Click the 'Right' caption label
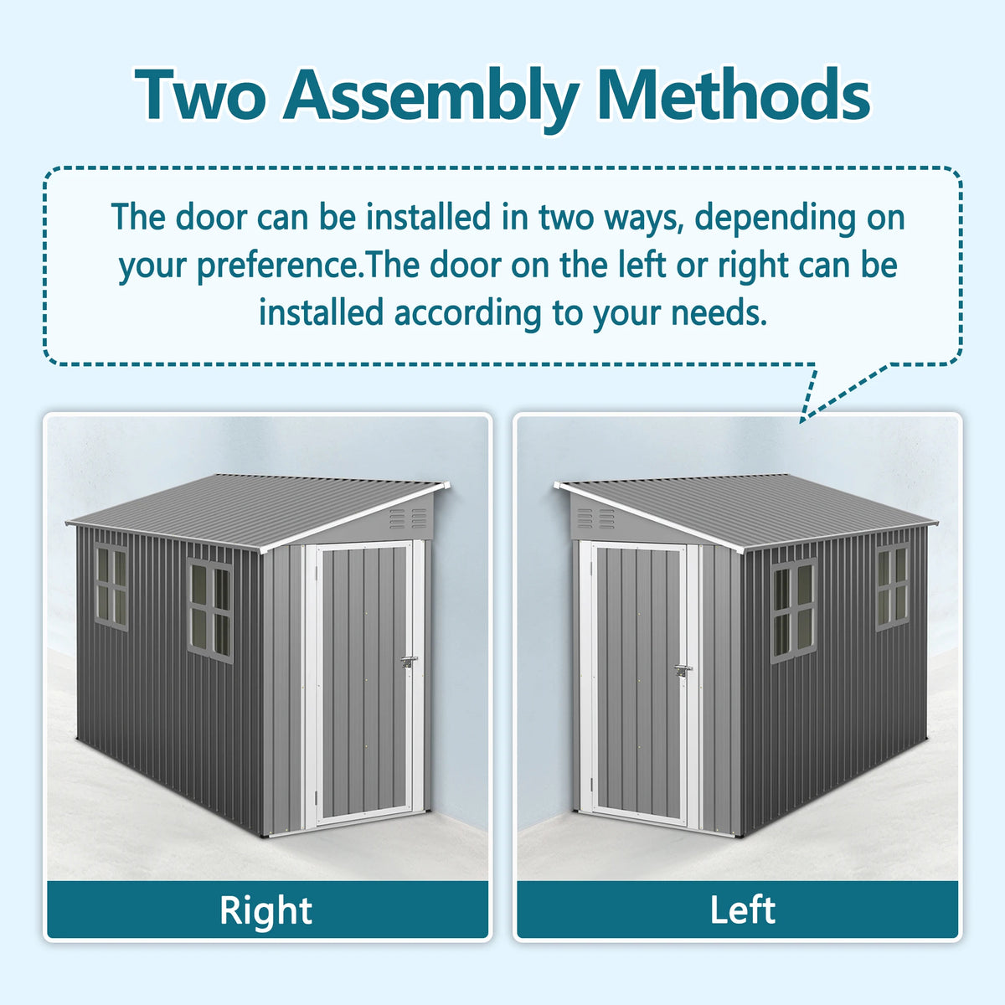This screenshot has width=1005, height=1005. (x=265, y=910)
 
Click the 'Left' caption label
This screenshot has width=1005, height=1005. (x=742, y=910)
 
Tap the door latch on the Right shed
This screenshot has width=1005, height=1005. (x=409, y=662)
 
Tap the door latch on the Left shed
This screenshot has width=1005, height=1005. (x=683, y=672)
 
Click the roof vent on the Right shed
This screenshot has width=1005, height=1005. (x=408, y=519)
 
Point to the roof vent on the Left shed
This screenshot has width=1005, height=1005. (x=595, y=518)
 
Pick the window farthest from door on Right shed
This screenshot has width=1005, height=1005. (x=111, y=585)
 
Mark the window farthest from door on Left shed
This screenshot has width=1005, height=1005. (x=893, y=585)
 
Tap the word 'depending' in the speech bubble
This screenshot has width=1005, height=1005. (x=775, y=218)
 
